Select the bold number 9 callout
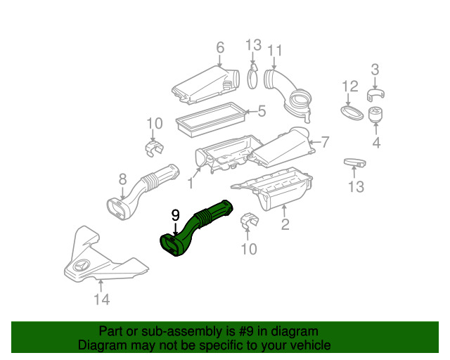[x=175, y=215]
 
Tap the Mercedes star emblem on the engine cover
[x=82, y=266]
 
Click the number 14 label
[x=102, y=300]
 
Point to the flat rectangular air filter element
[x=210, y=120]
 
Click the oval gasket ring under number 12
[x=352, y=113]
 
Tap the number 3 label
[x=375, y=70]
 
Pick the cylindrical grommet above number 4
[x=375, y=115]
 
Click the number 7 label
[x=325, y=142]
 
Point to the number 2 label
[x=285, y=224]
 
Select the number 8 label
[x=122, y=179]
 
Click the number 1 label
[x=191, y=183]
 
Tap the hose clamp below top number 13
[x=252, y=77]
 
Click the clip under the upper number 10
[x=154, y=148]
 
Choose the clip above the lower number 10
[x=249, y=221]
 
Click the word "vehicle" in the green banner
[x=311, y=345]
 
